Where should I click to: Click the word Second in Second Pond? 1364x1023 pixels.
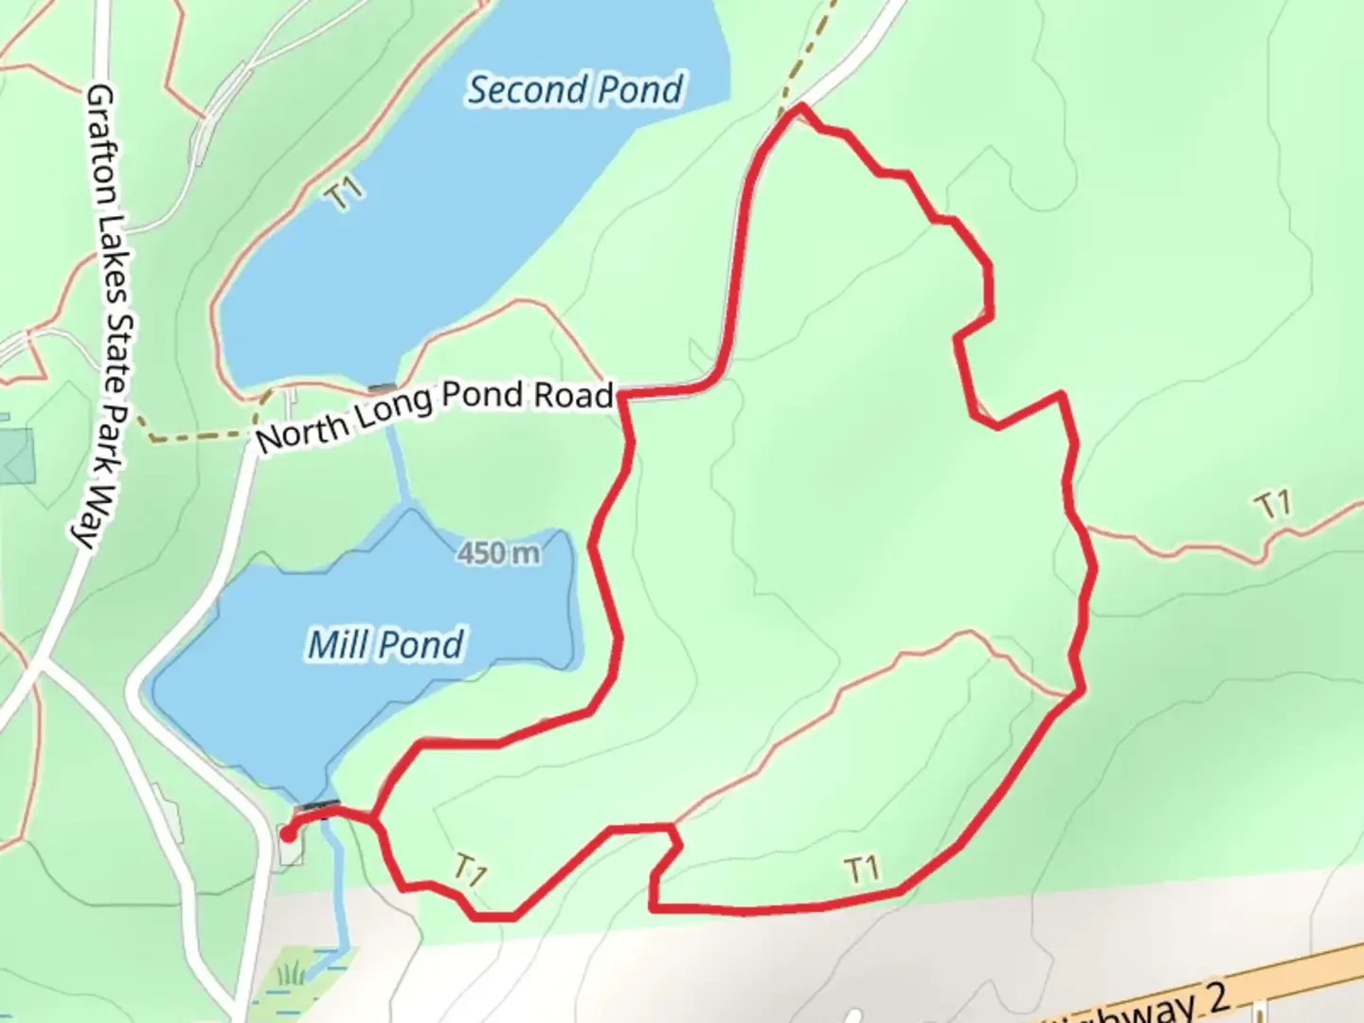coord(525,90)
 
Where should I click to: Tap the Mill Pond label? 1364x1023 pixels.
coord(386,645)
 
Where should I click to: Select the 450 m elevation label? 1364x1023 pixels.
coord(498,552)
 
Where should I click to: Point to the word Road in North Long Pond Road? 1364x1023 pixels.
coord(572,394)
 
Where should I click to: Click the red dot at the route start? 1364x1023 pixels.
coord(287,835)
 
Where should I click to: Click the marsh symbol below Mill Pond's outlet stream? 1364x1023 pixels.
coord(293,974)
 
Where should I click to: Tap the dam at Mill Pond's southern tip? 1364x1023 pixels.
coord(316,807)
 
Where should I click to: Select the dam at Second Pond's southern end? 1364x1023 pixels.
coord(382,387)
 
